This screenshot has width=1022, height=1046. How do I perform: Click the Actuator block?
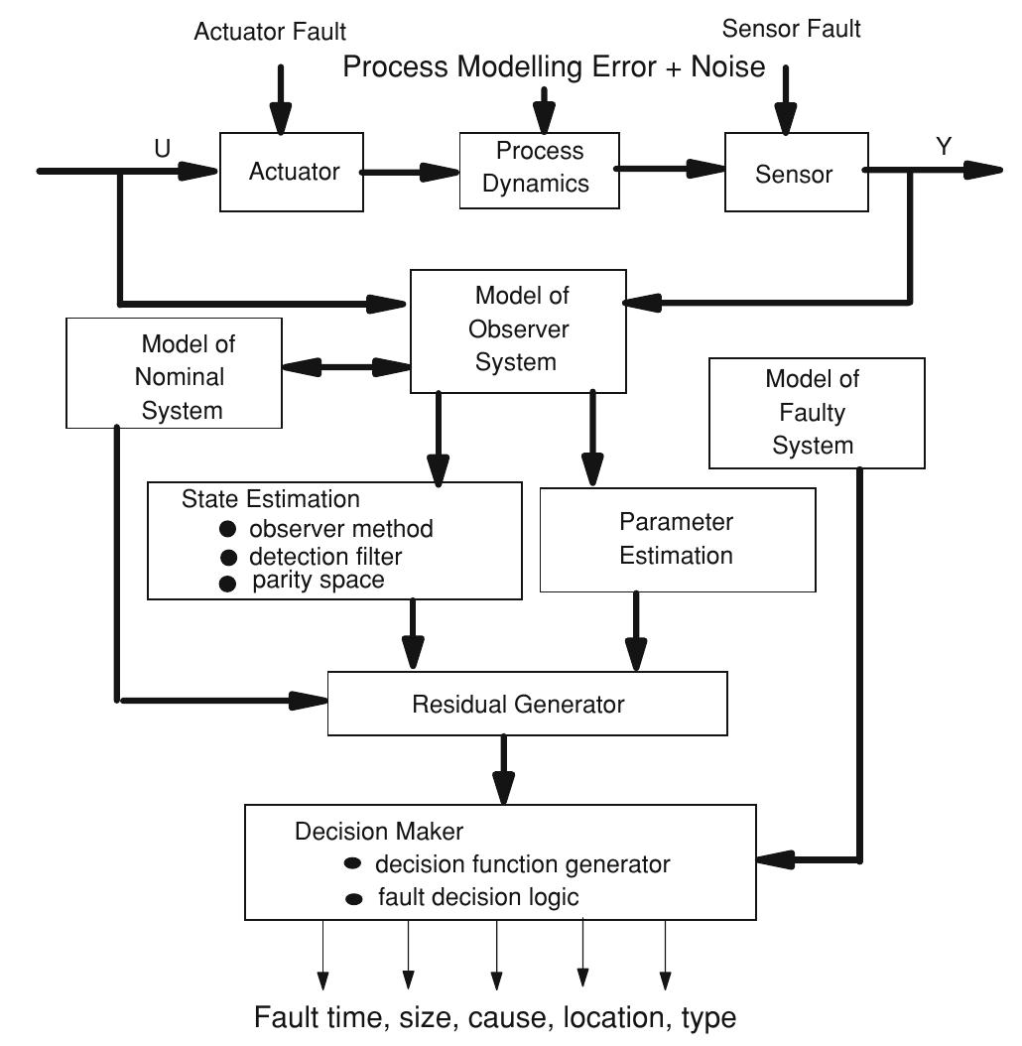(294, 173)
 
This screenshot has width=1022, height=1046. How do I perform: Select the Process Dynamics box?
(541, 168)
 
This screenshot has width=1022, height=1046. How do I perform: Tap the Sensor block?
(794, 174)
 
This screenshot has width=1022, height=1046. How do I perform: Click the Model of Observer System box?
(519, 329)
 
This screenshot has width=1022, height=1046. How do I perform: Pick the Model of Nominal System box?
(174, 375)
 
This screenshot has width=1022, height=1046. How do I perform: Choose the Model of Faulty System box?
(817, 413)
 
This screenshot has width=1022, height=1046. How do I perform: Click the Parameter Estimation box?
(676, 539)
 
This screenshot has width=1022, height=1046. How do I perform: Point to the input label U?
(162, 148)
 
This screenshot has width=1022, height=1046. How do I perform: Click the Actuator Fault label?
(271, 32)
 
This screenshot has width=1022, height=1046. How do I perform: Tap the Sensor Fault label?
(792, 29)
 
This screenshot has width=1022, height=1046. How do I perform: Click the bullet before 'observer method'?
(227, 529)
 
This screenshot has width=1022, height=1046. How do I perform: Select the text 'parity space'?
(318, 581)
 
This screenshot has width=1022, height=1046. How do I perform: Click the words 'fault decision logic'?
(478, 898)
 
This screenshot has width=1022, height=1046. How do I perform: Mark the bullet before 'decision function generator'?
(352, 863)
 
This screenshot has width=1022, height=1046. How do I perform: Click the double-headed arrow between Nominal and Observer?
(346, 367)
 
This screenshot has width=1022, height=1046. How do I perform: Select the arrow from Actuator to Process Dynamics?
(409, 173)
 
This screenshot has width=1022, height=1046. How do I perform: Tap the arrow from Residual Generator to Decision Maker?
(504, 769)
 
